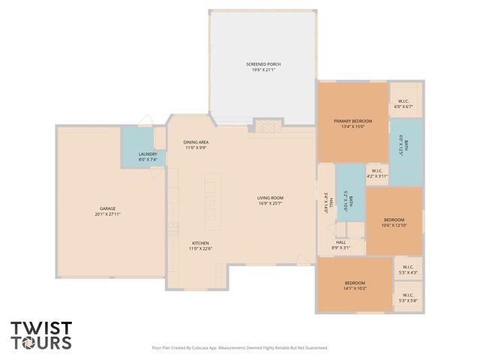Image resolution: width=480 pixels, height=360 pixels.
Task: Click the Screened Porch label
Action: [x=262, y=64]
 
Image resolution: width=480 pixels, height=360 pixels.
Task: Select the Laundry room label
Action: [x=148, y=154]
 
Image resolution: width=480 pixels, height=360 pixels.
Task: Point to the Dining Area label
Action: [x=196, y=142]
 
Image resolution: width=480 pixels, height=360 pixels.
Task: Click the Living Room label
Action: [x=271, y=198]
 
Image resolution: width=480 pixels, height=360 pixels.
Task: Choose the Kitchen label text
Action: [x=200, y=243]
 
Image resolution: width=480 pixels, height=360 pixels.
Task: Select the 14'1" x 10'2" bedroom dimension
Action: [x=355, y=288]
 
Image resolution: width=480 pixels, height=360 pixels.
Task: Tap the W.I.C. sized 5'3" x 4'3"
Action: [x=408, y=271]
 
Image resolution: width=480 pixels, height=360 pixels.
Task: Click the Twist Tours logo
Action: [x=41, y=335]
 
